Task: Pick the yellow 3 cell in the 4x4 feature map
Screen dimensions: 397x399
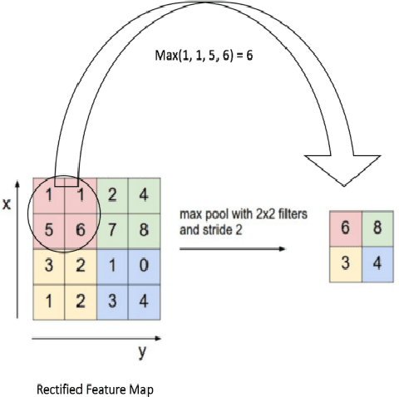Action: tap(49, 265)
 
